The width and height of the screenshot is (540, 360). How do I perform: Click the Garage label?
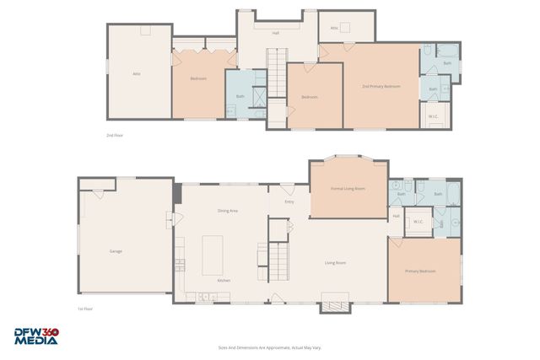pos(115,251)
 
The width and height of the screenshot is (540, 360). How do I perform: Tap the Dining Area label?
pos(227,210)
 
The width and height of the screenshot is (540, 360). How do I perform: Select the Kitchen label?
pos(224,280)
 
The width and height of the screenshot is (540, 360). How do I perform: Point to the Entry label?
pos(289,201)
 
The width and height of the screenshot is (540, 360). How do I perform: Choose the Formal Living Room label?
pos(348,189)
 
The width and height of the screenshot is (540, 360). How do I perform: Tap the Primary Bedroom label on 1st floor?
pos(420,271)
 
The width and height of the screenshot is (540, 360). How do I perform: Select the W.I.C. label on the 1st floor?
pos(417,223)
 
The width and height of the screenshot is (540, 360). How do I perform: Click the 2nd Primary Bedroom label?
pos(381,86)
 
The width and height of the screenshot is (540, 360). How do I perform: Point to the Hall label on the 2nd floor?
pos(275,34)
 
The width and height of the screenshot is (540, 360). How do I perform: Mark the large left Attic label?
pos(136,74)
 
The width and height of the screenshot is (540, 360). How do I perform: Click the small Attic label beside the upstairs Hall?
pos(334,28)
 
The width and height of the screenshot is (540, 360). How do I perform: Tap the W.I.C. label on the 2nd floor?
pos(432,116)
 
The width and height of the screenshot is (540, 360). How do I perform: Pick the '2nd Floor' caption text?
pos(114,135)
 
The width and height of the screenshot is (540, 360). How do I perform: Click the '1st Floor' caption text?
pos(84,309)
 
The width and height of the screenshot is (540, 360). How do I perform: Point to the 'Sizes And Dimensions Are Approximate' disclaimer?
pos(270,347)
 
